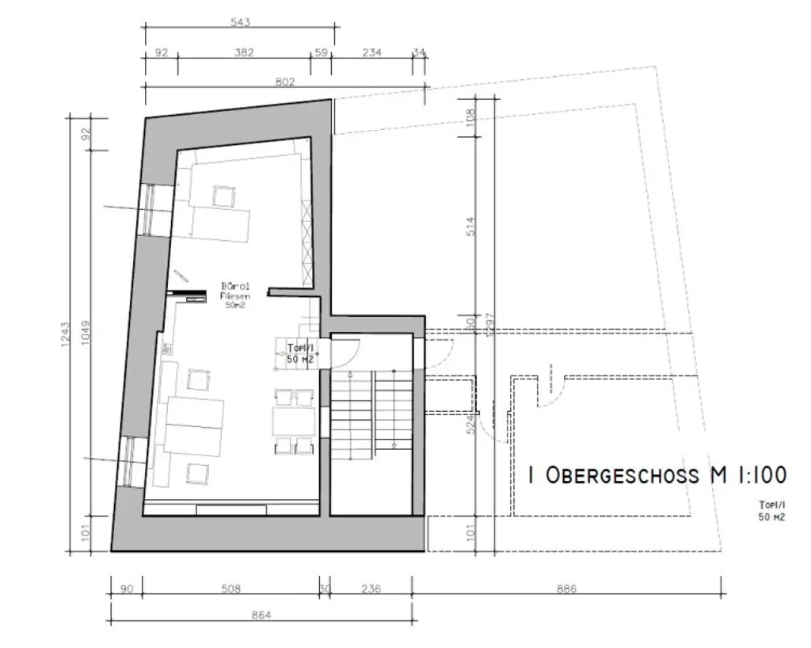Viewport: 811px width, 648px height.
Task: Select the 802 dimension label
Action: coord(285,81)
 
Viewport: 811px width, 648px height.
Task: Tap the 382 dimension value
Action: coord(243,53)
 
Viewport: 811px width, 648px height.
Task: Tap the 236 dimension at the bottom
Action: coord(371,589)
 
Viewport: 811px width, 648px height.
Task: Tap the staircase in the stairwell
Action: coord(371,412)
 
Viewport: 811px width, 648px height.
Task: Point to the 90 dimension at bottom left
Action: coord(126,589)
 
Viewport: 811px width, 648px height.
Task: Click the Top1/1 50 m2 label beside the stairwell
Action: coord(300,353)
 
